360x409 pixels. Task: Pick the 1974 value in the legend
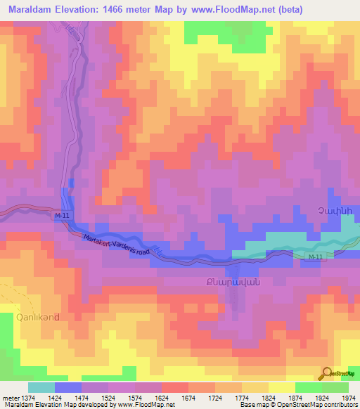346,398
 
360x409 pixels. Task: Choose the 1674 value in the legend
188,398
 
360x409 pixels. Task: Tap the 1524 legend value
109,398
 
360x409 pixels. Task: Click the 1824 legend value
267,398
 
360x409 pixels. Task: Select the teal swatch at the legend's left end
41,387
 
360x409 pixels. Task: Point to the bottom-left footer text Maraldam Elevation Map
39,405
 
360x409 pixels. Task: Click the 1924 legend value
320,398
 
